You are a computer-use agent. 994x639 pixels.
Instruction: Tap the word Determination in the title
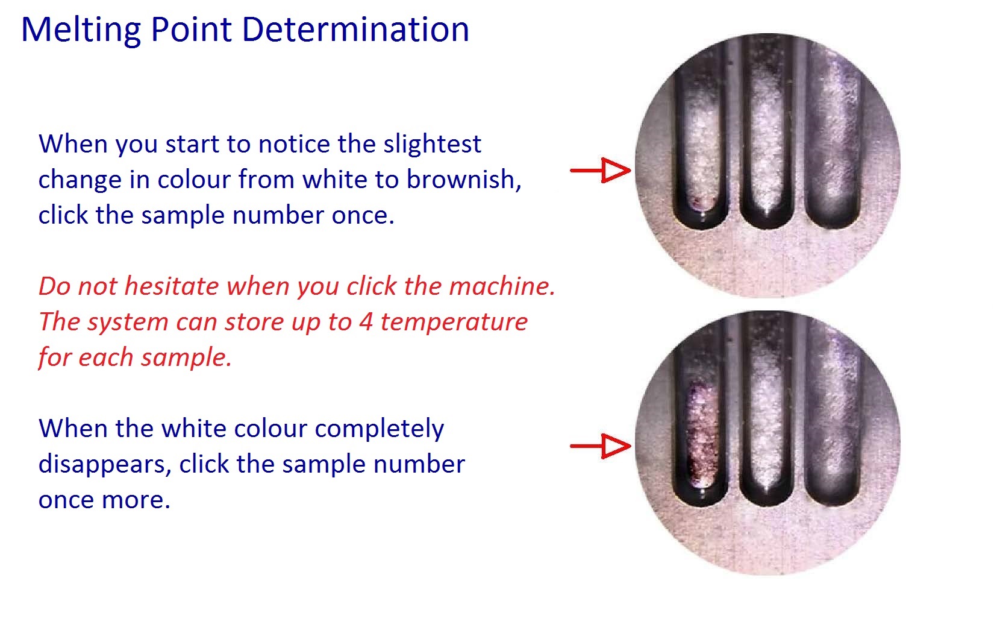point(355,30)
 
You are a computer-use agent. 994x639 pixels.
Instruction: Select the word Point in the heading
point(191,30)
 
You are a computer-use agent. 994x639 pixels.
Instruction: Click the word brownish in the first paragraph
point(464,180)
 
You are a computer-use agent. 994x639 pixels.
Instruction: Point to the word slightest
point(432,145)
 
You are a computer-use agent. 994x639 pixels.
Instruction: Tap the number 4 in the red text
point(366,321)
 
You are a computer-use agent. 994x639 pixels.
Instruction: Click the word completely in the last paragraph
point(380,429)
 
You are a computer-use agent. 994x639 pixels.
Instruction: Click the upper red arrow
point(601,170)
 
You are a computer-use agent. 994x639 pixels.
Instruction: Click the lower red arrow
point(601,446)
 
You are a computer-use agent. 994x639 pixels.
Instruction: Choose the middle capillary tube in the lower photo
point(767,409)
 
